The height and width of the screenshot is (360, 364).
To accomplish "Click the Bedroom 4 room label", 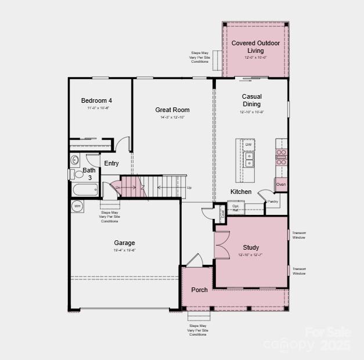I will click(x=96, y=100).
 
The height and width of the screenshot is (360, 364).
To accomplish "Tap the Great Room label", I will click(x=172, y=110).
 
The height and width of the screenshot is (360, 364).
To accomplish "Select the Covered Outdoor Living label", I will click(x=255, y=47).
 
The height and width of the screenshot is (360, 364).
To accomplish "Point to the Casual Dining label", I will click(x=251, y=100).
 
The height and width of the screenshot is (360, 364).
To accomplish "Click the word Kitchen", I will click(x=241, y=192).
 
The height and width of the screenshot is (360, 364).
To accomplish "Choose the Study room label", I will click(x=251, y=247).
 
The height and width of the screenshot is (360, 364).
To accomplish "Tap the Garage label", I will click(x=124, y=243).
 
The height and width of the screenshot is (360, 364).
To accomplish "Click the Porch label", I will click(x=199, y=290).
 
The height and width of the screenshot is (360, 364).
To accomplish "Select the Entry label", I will click(x=111, y=163).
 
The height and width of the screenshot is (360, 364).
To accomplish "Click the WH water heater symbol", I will click(x=77, y=206).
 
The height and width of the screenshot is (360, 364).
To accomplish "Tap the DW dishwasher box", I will click(x=248, y=145).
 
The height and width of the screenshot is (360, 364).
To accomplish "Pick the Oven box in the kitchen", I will click(x=281, y=185).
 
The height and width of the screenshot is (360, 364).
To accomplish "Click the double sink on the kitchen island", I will click(x=248, y=160).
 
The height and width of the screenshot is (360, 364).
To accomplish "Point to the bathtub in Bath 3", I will click(x=85, y=189).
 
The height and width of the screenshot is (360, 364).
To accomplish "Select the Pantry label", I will click(x=273, y=201).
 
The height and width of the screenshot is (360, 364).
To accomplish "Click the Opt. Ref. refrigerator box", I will click(x=236, y=207).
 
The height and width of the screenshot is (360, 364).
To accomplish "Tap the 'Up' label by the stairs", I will click(x=189, y=188).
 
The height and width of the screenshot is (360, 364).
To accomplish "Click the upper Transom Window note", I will click(x=298, y=235).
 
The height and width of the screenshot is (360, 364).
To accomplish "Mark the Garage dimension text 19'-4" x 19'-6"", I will click(x=124, y=250).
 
